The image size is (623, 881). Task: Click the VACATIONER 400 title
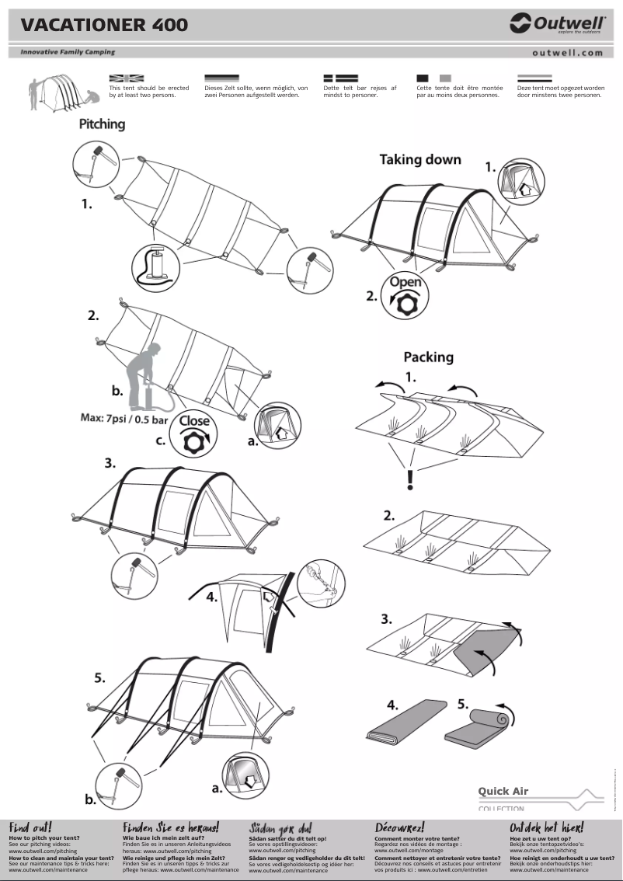tap(104, 25)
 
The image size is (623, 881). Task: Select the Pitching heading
tap(102, 124)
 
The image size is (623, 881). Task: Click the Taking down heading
tap(419, 160)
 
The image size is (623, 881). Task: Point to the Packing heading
tap(427, 357)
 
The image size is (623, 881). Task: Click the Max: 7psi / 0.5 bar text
tap(124, 419)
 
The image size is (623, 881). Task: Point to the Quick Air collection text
tap(503, 792)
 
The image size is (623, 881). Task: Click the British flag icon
tap(127, 78)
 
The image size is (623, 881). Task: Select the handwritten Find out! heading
tap(30, 827)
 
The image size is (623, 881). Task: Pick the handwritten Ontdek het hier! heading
tap(546, 827)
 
